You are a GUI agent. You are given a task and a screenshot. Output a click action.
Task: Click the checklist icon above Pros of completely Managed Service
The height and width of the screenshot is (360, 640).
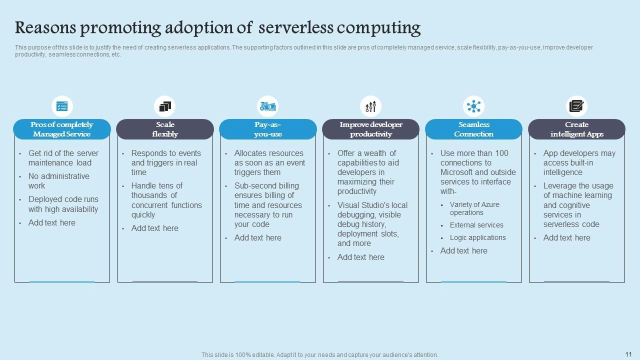pos(62,106)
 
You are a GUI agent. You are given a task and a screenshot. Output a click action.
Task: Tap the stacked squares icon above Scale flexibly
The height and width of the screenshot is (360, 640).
pos(165,106)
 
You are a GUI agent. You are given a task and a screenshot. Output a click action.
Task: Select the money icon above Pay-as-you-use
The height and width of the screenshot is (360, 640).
pos(268,106)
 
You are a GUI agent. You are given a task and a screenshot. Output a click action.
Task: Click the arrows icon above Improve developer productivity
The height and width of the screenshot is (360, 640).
pos(370,106)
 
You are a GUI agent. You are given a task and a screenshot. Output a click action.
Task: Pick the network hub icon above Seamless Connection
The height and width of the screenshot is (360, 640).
pos(473,106)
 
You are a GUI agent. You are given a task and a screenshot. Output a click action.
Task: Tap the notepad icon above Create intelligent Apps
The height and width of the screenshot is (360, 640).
pos(576,106)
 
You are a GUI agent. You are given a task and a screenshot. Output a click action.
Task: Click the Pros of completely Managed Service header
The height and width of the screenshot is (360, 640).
pos(62,129)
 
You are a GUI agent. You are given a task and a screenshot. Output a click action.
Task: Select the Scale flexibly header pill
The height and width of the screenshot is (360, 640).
pos(165,129)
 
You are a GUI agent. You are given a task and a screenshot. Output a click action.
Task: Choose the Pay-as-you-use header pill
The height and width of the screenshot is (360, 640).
pos(268,129)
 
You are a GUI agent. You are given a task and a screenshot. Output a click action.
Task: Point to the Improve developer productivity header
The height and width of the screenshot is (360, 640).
pos(370,129)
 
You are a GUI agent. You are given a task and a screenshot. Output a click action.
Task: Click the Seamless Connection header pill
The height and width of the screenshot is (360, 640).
pos(473,129)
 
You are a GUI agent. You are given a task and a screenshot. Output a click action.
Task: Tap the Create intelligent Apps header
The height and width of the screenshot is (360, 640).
pos(576,129)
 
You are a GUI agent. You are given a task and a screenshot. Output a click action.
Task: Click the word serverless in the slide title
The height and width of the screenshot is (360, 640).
pos(296,27)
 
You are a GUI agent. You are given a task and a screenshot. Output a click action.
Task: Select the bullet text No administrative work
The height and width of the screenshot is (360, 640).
pos(58,181)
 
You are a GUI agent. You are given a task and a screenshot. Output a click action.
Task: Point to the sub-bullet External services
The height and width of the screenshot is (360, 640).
pos(476,225)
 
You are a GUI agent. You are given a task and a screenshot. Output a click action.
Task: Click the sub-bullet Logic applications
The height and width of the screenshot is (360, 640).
pos(477,237)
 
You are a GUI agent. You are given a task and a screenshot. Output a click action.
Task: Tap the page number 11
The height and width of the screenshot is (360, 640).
pos(628,354)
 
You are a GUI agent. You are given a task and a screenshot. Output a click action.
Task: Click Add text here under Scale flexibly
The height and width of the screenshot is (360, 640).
pos(154,228)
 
